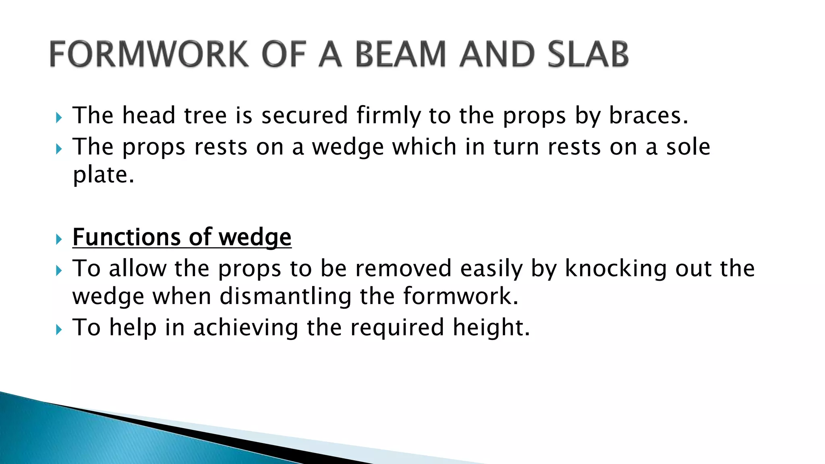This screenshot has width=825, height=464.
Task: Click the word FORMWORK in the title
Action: (149, 54)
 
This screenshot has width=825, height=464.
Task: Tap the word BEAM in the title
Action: (401, 54)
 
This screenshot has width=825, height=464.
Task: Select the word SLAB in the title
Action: (588, 54)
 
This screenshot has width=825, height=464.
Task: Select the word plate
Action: (103, 175)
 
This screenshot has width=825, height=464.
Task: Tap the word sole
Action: (688, 147)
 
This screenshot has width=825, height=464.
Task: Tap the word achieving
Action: (245, 327)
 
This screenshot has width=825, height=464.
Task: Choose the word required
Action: (397, 327)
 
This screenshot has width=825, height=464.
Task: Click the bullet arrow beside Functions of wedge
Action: (59, 240)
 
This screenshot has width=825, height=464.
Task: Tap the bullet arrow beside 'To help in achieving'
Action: (59, 330)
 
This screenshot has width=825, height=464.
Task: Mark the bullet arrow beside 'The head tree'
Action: (59, 118)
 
